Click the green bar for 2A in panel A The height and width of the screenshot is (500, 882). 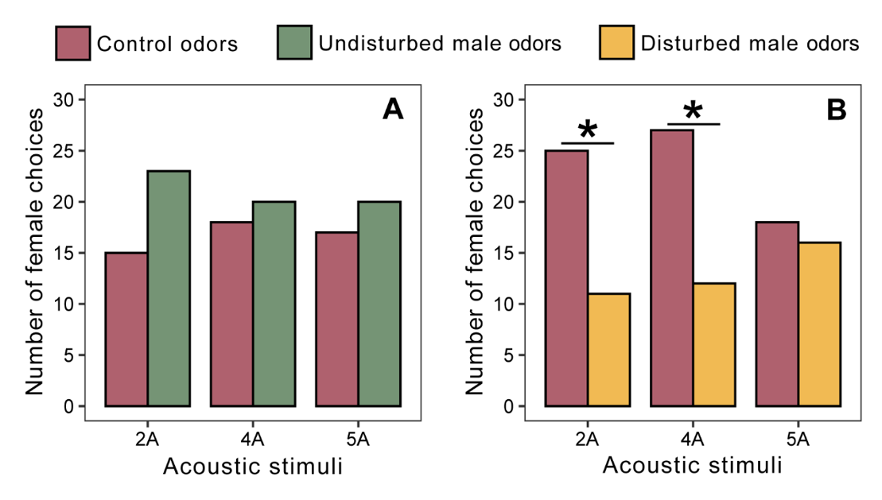pyautogui.click(x=169, y=288)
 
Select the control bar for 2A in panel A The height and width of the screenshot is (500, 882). pyautogui.click(x=126, y=329)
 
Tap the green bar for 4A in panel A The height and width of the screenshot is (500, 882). pyautogui.click(x=274, y=304)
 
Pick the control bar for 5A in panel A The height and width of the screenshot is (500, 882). pyautogui.click(x=337, y=319)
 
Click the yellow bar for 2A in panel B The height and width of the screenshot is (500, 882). pyautogui.click(x=609, y=350)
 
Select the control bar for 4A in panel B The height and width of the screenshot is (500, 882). pyautogui.click(x=672, y=268)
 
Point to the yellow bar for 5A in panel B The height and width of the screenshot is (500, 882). pyautogui.click(x=819, y=324)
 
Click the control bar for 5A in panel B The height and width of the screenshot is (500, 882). pyautogui.click(x=777, y=314)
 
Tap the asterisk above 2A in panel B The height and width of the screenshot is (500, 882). pyautogui.click(x=588, y=129)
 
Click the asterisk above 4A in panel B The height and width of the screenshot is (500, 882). pyautogui.click(x=693, y=110)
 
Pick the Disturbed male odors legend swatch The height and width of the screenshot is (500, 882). pyautogui.click(x=616, y=43)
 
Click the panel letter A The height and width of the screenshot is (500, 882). pyautogui.click(x=393, y=109)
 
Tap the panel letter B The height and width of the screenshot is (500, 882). pyautogui.click(x=836, y=109)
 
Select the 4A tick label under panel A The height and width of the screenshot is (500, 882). pyautogui.click(x=253, y=438)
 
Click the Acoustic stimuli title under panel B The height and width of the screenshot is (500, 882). pyautogui.click(x=692, y=465)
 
